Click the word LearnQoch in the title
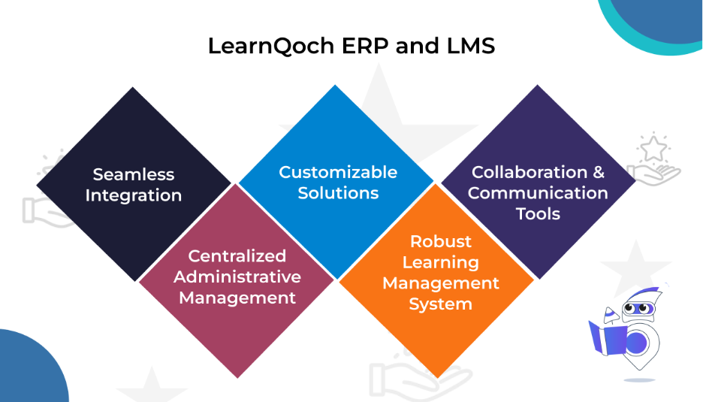pos(271,47)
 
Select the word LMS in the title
pos(471,46)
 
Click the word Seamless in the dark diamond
pos(134,174)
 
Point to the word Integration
pos(134,195)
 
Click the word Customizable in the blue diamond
pos(338,172)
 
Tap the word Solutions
pos(338,193)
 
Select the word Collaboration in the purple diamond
pos(530,172)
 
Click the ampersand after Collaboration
pos(599,172)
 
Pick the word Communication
pos(538,193)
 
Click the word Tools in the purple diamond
pos(538,214)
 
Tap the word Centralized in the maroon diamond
pos(237,256)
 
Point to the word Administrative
pos(237,277)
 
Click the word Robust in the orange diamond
pos(441,241)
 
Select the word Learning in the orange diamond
pos(441,262)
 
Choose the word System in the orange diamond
pos(441,304)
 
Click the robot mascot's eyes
pos(637,308)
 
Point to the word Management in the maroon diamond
pos(237,298)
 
